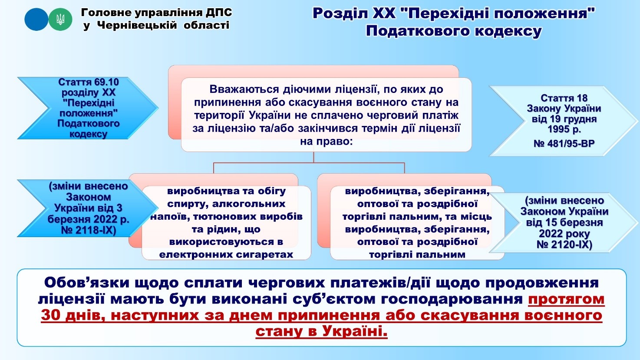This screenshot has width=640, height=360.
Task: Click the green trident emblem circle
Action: point(60,19)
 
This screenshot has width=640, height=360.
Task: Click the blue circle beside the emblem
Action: point(36,19)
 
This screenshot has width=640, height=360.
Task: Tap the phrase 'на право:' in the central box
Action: point(326,142)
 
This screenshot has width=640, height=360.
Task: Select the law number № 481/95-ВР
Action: point(564,143)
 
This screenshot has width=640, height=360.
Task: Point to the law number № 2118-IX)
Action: point(89,230)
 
